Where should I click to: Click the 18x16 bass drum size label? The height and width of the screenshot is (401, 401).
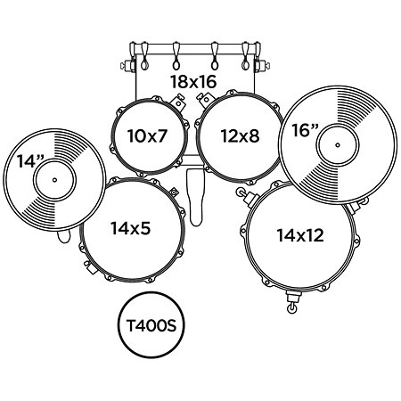pos(193,82)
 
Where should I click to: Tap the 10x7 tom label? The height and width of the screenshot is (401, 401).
pos(147,135)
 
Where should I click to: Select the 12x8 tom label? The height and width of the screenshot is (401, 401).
pos(240,136)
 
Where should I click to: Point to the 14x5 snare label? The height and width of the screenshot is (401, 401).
pos(131,228)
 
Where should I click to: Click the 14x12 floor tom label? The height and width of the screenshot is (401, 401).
pos(300,235)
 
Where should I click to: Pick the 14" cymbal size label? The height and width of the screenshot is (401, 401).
pos(30,161)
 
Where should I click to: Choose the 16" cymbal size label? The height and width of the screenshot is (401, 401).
pos(305,130)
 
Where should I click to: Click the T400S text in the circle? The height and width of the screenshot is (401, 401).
pos(151,325)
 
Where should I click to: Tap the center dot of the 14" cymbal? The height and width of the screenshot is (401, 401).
pos(54,180)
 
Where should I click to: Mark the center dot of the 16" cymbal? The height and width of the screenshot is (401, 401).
pos(338,145)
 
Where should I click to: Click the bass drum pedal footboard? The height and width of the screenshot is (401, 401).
pos(195,197)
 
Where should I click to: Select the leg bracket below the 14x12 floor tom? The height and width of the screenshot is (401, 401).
pos(292,301)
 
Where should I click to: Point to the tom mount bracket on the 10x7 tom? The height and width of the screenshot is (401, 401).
pos(177,102)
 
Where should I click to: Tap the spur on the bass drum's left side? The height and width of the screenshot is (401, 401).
pos(127,66)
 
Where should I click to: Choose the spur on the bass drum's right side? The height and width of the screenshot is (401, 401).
pos(263,66)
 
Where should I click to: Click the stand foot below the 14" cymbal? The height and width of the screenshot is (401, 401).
pos(64,236)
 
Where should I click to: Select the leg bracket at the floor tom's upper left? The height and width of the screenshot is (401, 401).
pos(247,196)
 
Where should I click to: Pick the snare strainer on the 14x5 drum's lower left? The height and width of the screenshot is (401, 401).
pos(90,267)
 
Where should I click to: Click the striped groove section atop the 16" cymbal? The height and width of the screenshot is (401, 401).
pos(354,104)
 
